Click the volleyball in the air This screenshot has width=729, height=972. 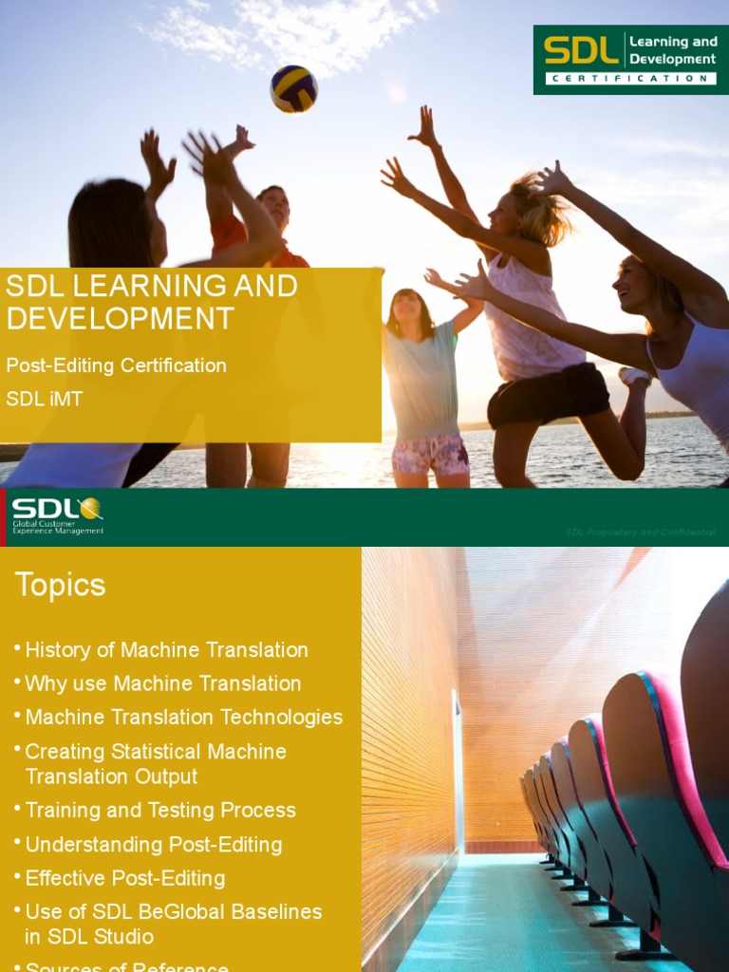pos(293,88)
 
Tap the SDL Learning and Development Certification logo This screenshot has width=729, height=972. pos(624,59)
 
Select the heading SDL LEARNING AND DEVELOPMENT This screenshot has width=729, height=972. pos(152,302)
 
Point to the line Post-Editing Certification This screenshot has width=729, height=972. pos(117,365)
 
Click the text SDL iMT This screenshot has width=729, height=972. pos(45,400)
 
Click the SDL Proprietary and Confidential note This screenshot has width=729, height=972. pos(640,533)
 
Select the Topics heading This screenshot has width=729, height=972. pos(60,585)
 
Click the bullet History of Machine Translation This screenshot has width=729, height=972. pos(166,650)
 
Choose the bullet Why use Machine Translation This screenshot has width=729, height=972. pos(162,683)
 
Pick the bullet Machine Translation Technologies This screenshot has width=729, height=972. pos(183,718)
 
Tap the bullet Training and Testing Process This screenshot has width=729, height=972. pos(160,811)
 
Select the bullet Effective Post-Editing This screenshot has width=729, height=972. pos(125,878)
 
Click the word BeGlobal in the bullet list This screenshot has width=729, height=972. pos(182,912)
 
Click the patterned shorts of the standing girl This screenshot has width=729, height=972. pos(431,453)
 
